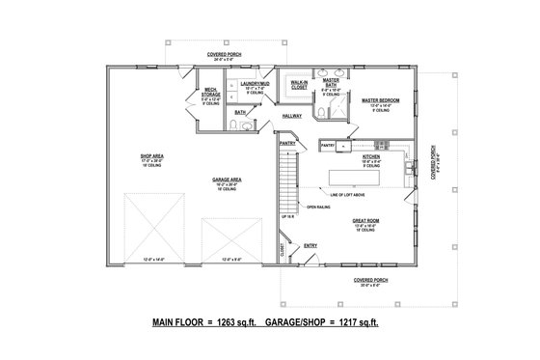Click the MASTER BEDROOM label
tap(381, 99)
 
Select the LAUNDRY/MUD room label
tap(254, 85)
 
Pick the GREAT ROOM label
tap(364, 220)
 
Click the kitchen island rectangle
tap(368, 179)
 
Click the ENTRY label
tap(310, 245)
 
